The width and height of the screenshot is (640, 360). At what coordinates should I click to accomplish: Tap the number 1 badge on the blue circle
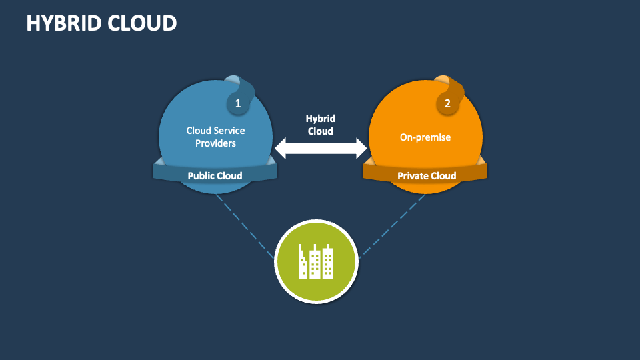(237, 103)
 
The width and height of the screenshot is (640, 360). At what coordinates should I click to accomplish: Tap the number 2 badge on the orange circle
(447, 103)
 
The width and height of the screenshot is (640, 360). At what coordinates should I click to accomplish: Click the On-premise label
(425, 137)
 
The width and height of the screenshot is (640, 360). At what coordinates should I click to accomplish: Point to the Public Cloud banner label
(215, 176)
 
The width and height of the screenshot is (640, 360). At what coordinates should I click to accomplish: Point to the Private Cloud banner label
(427, 176)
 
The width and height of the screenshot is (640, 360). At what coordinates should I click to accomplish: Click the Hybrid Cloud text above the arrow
(321, 125)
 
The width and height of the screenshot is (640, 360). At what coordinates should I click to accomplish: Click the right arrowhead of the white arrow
(361, 148)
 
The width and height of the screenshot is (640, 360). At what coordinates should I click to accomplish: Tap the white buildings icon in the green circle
(316, 261)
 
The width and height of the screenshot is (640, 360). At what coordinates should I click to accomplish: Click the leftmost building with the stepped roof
(303, 263)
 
